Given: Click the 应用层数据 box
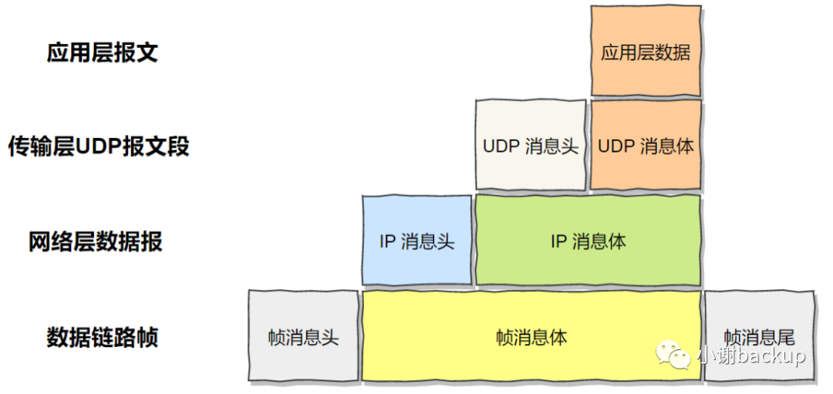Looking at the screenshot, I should [646, 51].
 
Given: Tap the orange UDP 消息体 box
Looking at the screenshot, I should [646, 145].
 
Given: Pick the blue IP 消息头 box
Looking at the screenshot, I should [416, 240].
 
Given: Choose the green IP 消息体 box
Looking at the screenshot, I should [588, 240].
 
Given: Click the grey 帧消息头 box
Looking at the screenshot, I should [304, 336].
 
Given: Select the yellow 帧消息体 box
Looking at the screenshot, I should [532, 336].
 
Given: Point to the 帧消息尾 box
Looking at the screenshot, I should [760, 336].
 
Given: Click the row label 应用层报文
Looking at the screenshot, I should [102, 53].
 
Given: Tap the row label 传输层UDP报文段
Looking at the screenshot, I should [99, 146].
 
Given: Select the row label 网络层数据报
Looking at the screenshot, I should [96, 241].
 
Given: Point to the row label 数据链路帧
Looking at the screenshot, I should [103, 337].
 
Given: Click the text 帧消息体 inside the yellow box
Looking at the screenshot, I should [532, 337].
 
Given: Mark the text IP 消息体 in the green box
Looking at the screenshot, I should [588, 241].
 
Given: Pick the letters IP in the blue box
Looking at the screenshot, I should [387, 241].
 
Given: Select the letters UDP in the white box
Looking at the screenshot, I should [500, 146].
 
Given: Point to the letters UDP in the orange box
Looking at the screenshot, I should [615, 146].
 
